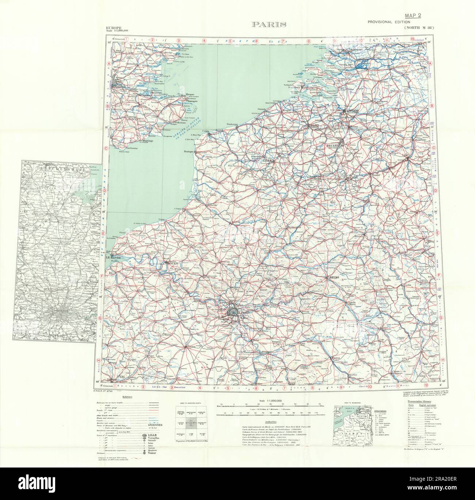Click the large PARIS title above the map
click(269, 25)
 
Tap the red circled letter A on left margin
click(109, 64)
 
